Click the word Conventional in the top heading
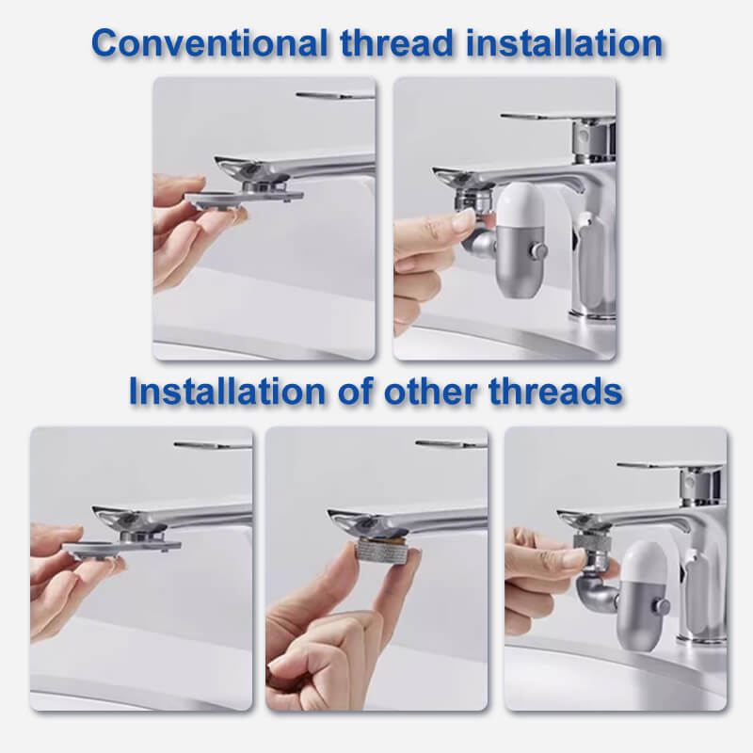pyautogui.click(x=209, y=43)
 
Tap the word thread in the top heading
pyautogui.click(x=397, y=43)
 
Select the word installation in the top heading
pyautogui.click(x=564, y=43)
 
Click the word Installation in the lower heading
pyautogui.click(x=227, y=392)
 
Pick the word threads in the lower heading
pyautogui.click(x=555, y=392)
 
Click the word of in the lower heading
pyautogui.click(x=355, y=392)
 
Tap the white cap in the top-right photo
pyautogui.click(x=522, y=205)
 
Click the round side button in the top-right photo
pyautogui.click(x=538, y=250)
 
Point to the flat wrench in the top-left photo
pyautogui.click(x=244, y=198)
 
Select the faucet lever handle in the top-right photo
pyautogui.click(x=557, y=117)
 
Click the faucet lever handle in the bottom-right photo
pyautogui.click(x=671, y=466)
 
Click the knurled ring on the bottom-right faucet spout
pyautogui.click(x=592, y=540)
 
